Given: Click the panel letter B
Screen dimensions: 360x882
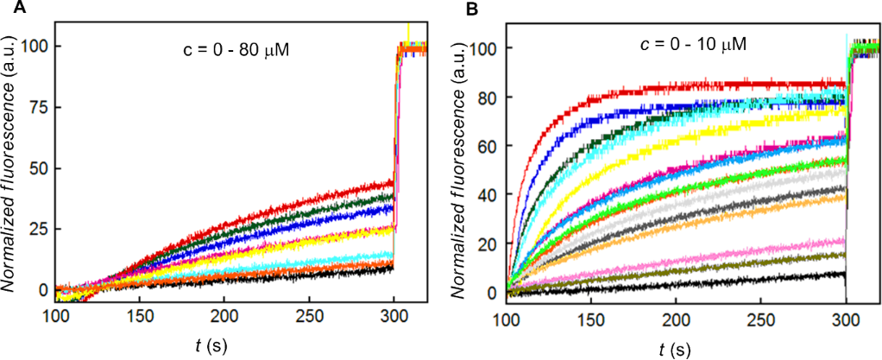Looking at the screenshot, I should [x=472, y=10].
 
